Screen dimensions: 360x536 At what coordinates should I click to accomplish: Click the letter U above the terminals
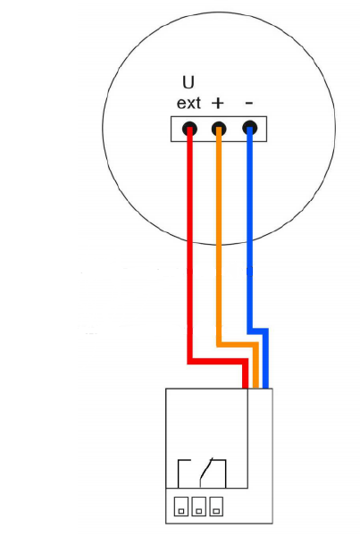[x=188, y=82]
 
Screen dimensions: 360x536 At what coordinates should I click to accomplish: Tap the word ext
[x=188, y=103]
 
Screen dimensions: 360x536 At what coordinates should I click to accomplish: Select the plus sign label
[x=218, y=103]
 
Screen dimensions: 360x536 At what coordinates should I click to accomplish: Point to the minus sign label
[x=249, y=103]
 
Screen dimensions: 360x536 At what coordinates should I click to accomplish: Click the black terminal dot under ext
[x=189, y=130]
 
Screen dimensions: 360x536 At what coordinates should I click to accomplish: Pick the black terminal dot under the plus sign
[x=219, y=130]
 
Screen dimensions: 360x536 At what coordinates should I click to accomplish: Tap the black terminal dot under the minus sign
[x=250, y=128]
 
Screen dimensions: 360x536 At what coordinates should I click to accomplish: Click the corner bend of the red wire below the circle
[x=189, y=361]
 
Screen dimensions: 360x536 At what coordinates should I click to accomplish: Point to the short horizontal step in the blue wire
[x=258, y=331]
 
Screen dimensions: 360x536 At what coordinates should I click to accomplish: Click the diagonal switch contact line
[x=206, y=472]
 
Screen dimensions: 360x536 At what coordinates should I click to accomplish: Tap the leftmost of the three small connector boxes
[x=181, y=507]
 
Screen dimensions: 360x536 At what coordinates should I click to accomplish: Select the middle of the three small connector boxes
[x=199, y=507]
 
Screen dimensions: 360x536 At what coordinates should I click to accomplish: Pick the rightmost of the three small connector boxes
[x=216, y=507]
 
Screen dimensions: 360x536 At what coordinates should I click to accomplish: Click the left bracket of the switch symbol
[x=179, y=473]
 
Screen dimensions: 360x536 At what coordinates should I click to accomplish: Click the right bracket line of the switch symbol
[x=225, y=473]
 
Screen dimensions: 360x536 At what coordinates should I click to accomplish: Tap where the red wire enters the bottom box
[x=245, y=388]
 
